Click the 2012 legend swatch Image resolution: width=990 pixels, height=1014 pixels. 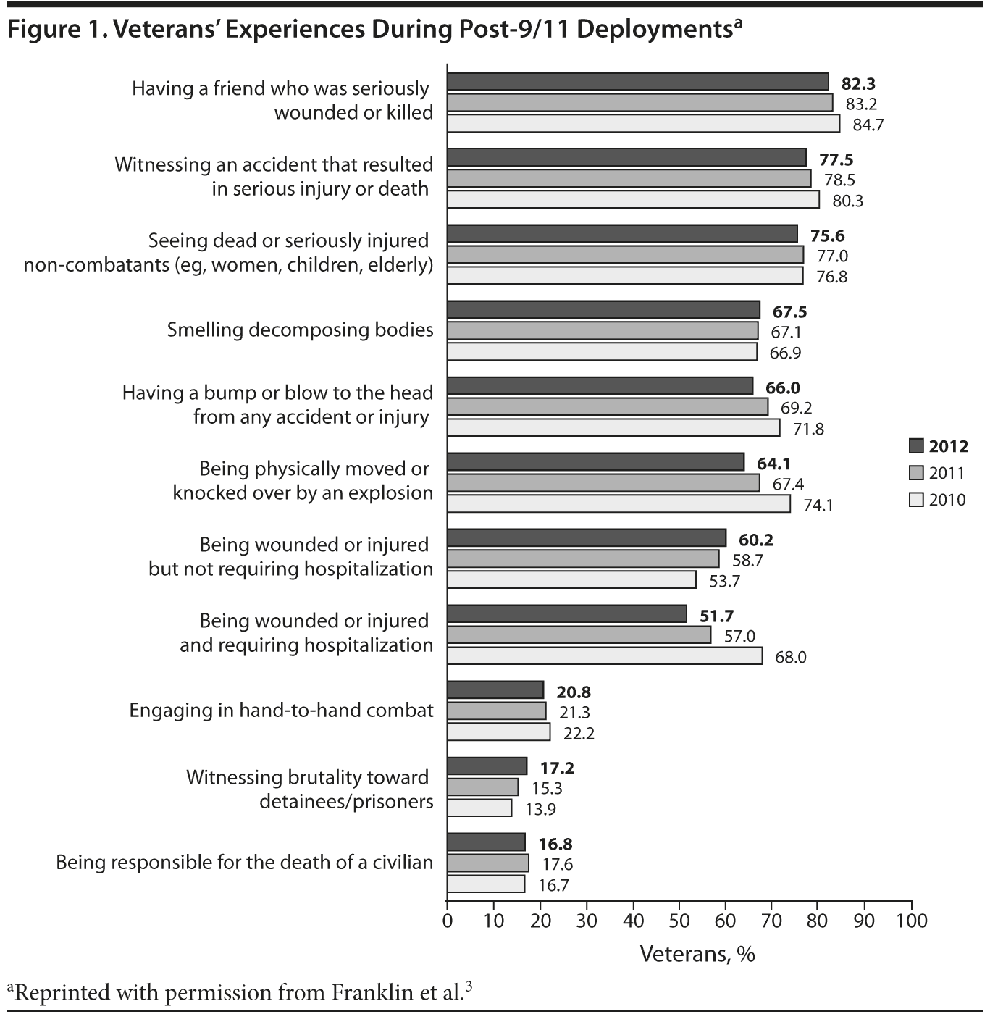pos(916,445)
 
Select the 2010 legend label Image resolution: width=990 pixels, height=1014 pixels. pos(947,500)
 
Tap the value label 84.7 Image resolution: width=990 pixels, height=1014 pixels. pos(868,125)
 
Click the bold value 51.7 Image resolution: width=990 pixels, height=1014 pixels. pos(716,616)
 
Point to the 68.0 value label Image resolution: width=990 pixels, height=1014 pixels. pos(790,658)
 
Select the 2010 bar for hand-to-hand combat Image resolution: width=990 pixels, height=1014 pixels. pos(498,732)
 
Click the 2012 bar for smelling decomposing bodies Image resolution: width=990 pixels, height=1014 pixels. pos(603,310)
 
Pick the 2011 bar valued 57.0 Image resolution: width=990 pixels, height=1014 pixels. pos(579,635)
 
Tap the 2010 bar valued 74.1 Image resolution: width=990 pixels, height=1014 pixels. pos(618,503)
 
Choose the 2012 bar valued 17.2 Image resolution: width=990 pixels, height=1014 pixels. pos(487,766)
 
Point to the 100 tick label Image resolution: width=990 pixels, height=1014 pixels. pos(910,921)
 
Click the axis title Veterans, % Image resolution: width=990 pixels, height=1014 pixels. pos(697,954)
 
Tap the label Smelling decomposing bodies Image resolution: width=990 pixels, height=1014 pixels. pos(300,330)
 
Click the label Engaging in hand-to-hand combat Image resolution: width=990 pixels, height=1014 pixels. pos(281,710)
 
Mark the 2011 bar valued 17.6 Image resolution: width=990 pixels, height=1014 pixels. pos(487,863)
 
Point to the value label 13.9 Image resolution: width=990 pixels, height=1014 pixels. pos(540,809)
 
